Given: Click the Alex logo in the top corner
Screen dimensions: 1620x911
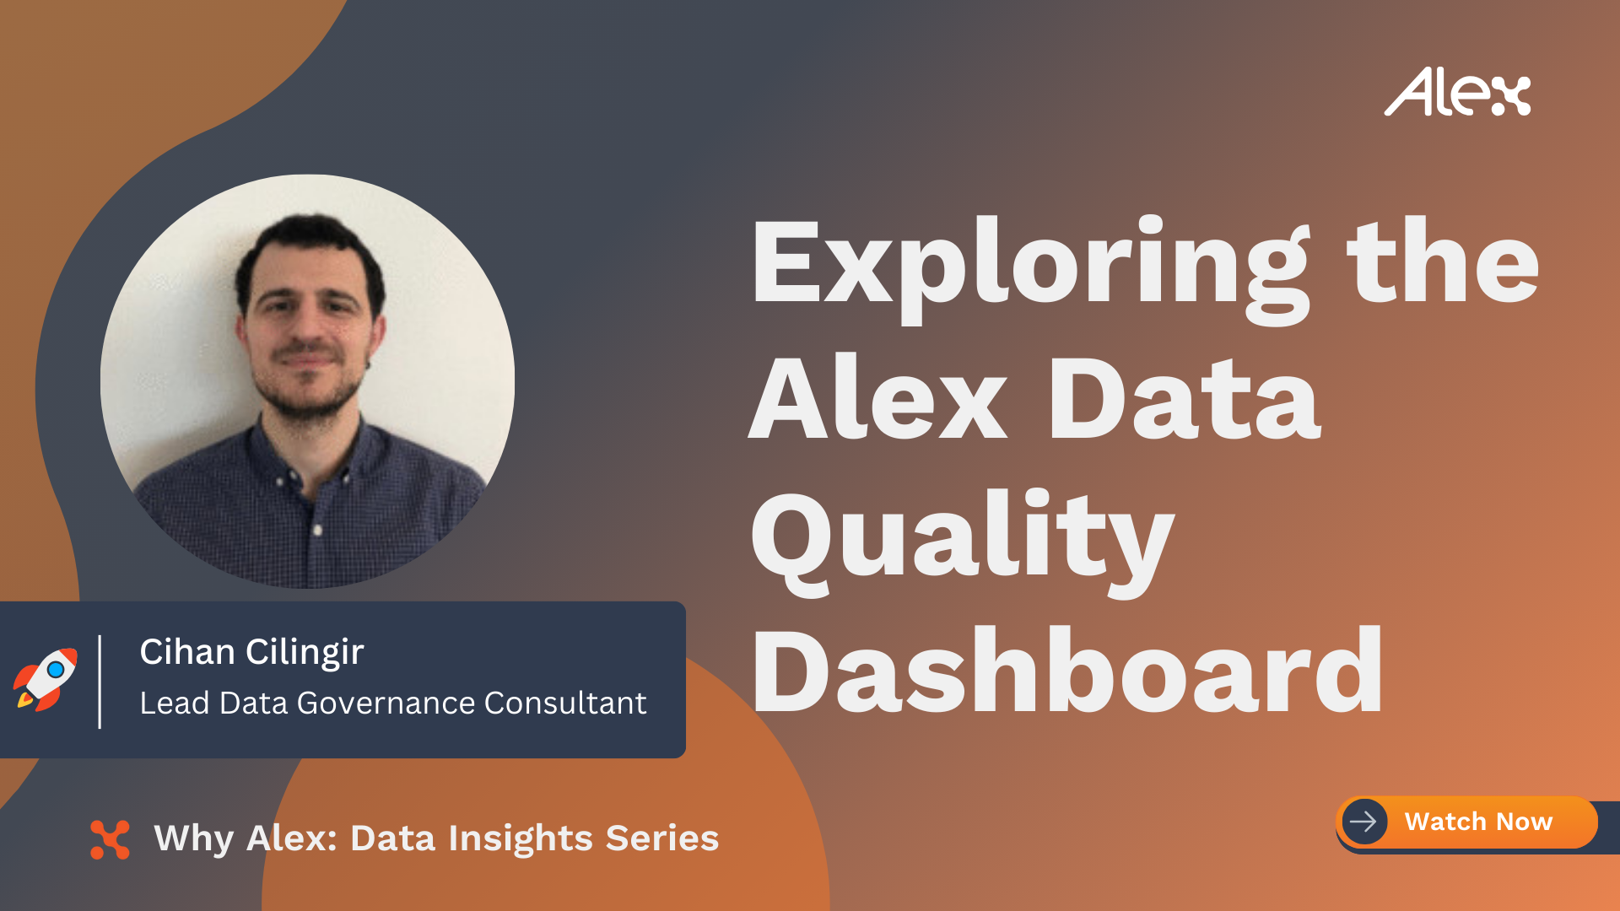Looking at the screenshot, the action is tap(1457, 92).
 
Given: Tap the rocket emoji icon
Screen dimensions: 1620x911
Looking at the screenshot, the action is tap(45, 679).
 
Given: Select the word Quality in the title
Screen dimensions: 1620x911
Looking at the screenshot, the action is tap(963, 540).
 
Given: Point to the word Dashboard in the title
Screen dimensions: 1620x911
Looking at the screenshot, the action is tap(1067, 671).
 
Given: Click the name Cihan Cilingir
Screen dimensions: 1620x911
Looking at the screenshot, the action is tap(251, 652).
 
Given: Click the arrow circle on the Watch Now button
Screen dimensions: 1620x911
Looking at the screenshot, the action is tap(1364, 821).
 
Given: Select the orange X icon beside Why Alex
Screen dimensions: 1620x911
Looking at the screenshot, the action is tap(110, 839).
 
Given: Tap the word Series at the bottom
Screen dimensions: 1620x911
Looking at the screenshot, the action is tap(662, 838).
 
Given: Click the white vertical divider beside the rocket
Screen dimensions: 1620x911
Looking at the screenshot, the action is tap(100, 682).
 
